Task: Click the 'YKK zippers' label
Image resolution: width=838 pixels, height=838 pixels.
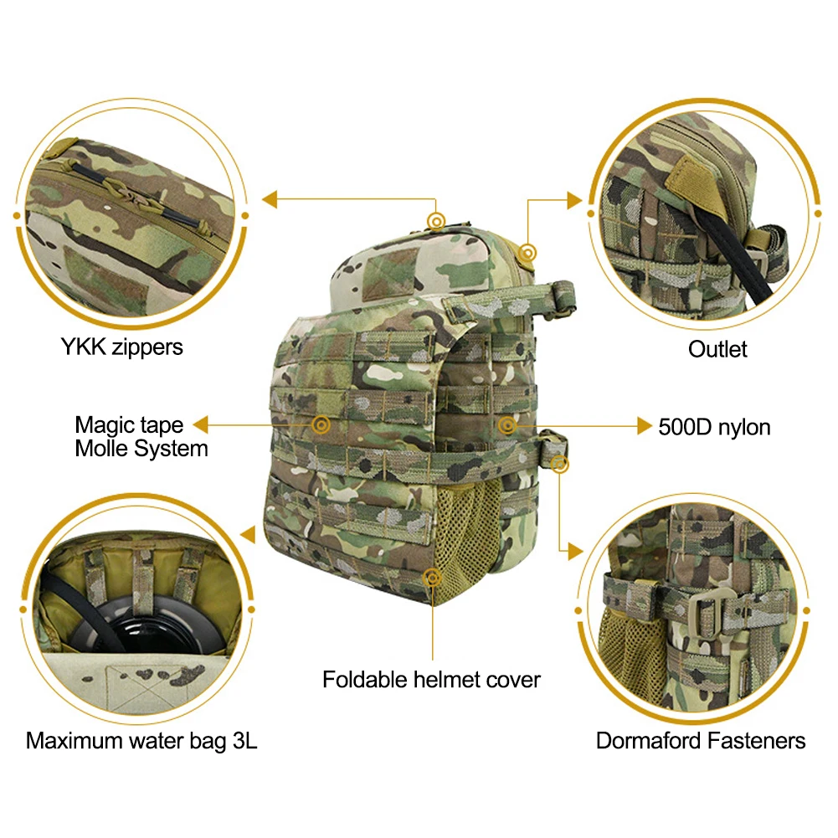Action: point(122,346)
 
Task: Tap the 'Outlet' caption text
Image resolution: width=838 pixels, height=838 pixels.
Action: point(717,348)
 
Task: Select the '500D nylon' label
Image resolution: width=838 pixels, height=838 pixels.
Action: point(714,427)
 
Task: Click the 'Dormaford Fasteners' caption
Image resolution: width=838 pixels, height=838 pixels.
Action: point(701,740)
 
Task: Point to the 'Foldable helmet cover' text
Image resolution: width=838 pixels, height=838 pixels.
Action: point(431,679)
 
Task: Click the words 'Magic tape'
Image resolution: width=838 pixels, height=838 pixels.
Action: point(128,425)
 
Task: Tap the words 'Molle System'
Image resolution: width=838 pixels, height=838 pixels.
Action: point(141,449)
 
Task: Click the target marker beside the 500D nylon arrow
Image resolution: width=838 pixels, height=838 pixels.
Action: point(506,426)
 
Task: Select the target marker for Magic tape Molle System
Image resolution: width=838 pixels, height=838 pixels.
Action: point(320,425)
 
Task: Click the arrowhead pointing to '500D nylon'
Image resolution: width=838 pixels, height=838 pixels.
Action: point(643,427)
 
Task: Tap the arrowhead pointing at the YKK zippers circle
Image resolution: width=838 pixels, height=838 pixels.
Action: point(270,200)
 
